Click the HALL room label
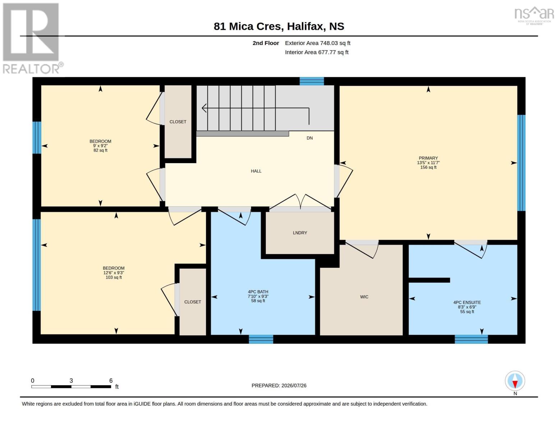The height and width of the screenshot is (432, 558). pos(256,171)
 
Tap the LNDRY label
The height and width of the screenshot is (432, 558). pos(300,233)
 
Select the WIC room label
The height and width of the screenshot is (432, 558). pos(364,297)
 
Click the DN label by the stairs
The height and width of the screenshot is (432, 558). pos(310,138)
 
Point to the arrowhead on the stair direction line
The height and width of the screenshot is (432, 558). pos(204,108)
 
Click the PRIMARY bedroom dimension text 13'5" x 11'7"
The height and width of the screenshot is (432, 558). pos(428,163)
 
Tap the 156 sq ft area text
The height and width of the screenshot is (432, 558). pos(428,167)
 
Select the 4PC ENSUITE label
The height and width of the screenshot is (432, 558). pos(467,303)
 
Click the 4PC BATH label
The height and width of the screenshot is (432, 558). pos(258,292)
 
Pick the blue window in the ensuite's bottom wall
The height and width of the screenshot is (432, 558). pos(471,339)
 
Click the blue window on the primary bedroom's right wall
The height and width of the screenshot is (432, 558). pos(521,163)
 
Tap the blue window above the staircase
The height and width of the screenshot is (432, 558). pos(312,81)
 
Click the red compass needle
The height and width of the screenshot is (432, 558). pos(515,384)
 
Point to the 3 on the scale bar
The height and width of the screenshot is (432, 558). pos(71,381)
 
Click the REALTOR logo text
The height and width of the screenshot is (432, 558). pos(31,69)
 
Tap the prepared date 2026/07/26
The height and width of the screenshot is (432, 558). pos(294,386)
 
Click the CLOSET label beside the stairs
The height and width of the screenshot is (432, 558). pos(178,122)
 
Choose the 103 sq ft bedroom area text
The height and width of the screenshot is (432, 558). pos(114,277)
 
